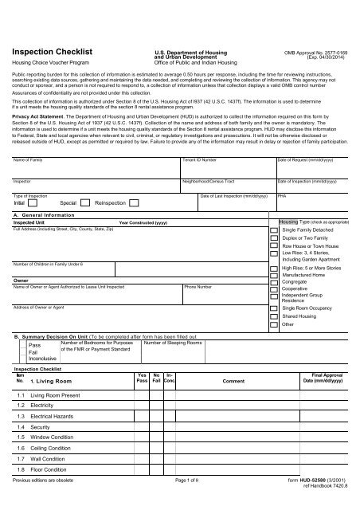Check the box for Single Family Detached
pos(274,229)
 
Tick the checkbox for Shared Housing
pos(274,316)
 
